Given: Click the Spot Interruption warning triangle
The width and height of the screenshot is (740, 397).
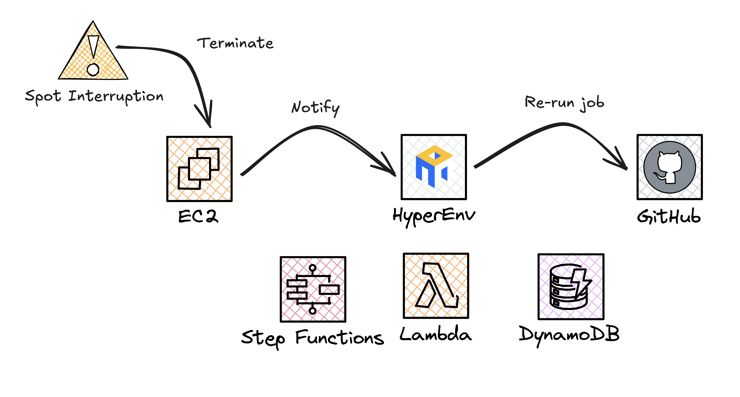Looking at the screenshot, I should click(x=93, y=57).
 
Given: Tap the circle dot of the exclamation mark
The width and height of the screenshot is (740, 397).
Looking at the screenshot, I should click(x=93, y=69).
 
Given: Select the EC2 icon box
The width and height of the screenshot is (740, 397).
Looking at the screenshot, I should click(x=199, y=169).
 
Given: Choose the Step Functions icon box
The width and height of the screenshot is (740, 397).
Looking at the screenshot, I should click(x=313, y=289).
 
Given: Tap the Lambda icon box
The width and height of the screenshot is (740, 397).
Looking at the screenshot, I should click(x=436, y=286).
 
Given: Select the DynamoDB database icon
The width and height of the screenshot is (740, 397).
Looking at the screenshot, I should click(x=571, y=286).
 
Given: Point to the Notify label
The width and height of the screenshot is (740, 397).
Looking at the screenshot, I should click(x=315, y=108).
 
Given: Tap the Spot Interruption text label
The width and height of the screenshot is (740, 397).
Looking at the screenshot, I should click(x=94, y=96).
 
